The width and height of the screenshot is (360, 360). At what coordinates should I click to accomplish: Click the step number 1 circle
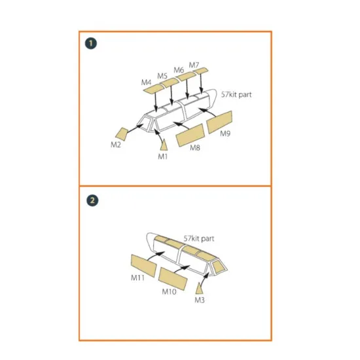91,43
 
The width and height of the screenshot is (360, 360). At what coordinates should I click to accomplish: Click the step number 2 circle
92,200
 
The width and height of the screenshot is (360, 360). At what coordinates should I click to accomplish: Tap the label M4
146,82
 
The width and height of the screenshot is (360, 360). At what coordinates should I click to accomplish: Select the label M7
194,65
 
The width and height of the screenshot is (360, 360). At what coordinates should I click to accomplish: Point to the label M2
116,145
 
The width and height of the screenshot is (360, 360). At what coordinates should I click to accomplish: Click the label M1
163,156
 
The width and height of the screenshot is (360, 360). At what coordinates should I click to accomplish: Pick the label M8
195,148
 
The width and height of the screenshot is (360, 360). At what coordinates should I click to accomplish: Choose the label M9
225,134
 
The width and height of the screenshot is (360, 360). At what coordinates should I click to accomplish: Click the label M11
137,278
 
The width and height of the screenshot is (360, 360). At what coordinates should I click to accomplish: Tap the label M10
170,291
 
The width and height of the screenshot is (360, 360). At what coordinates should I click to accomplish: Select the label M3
200,300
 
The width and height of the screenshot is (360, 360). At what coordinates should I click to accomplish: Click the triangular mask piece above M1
164,145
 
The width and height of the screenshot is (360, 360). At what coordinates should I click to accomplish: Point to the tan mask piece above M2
122,134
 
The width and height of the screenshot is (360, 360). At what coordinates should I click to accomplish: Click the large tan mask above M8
190,135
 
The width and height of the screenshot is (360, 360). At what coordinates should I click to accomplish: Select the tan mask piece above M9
219,122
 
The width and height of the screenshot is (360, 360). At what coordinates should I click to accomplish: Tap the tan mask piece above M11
144,265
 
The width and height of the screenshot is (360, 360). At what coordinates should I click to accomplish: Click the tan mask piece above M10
173,279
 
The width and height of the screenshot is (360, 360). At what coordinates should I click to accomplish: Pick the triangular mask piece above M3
199,289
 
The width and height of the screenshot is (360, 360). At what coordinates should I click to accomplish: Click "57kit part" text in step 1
236,94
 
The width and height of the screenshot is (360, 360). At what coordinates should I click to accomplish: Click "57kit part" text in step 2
199,238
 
